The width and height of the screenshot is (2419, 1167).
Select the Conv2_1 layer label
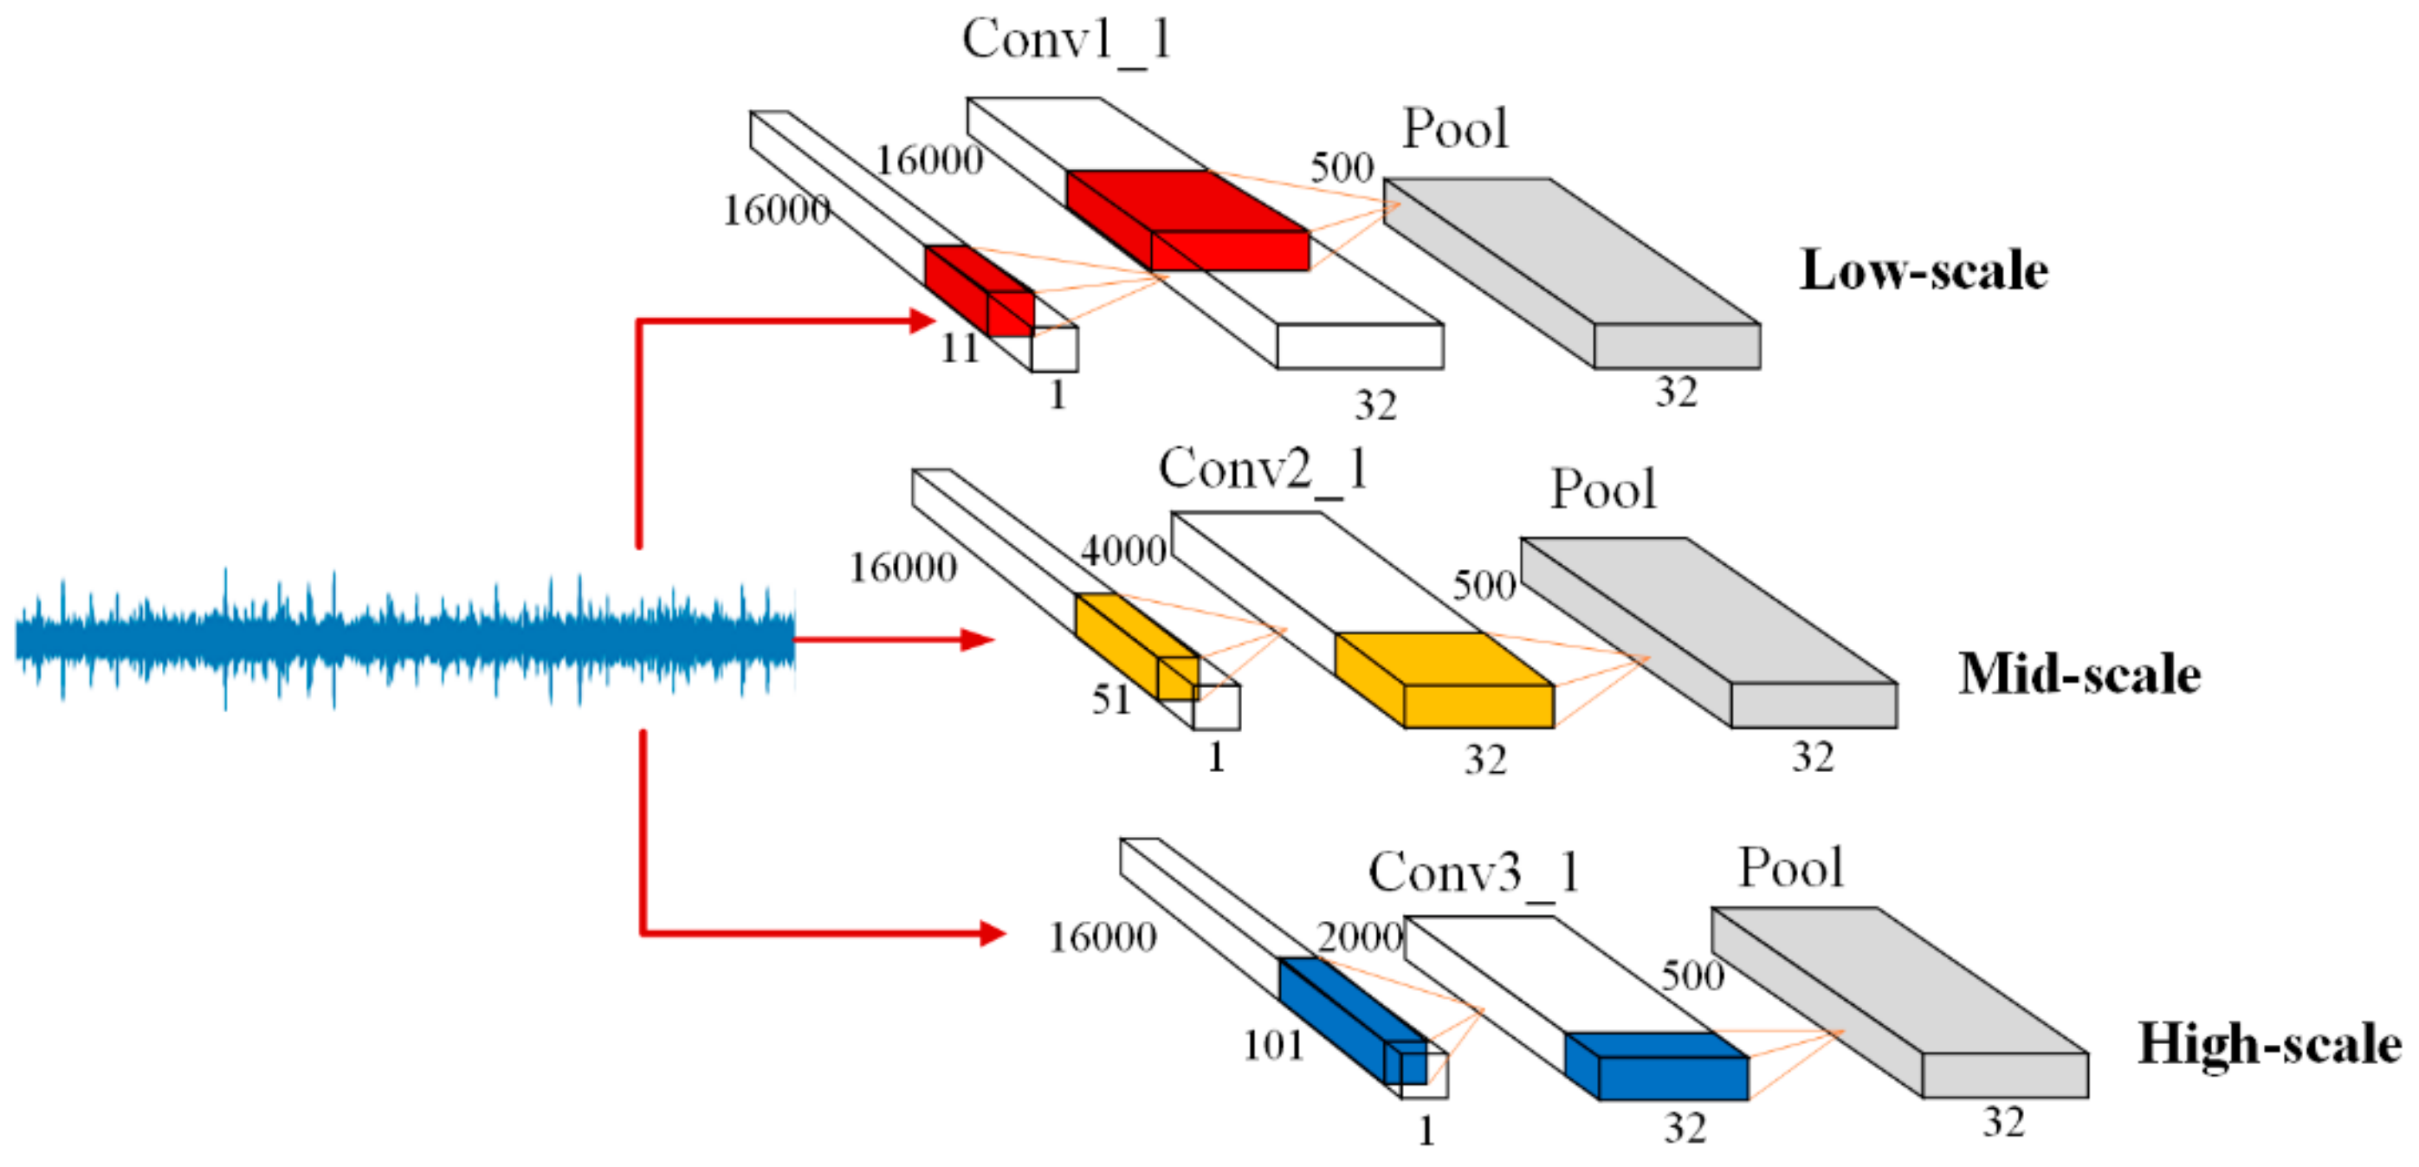[1262, 469]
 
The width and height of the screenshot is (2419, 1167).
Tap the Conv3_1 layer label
[1472, 873]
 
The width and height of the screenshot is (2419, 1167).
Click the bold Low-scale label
[1924, 270]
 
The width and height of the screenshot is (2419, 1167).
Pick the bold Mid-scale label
[2079, 675]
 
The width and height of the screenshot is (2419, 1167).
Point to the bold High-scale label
[2269, 1044]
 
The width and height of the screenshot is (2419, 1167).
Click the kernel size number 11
[960, 348]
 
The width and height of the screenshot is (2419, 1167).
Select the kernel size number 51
[1111, 699]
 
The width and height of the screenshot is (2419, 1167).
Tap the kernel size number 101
[1273, 1045]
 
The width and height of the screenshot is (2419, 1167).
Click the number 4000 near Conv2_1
[1123, 551]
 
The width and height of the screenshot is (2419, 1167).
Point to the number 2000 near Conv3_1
[1359, 937]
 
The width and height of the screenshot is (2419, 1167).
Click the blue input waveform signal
[404, 639]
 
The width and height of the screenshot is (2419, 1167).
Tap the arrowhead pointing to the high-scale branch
[992, 933]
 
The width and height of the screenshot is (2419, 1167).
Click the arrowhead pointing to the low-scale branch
[922, 321]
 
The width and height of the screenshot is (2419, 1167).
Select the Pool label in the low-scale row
[1454, 129]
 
